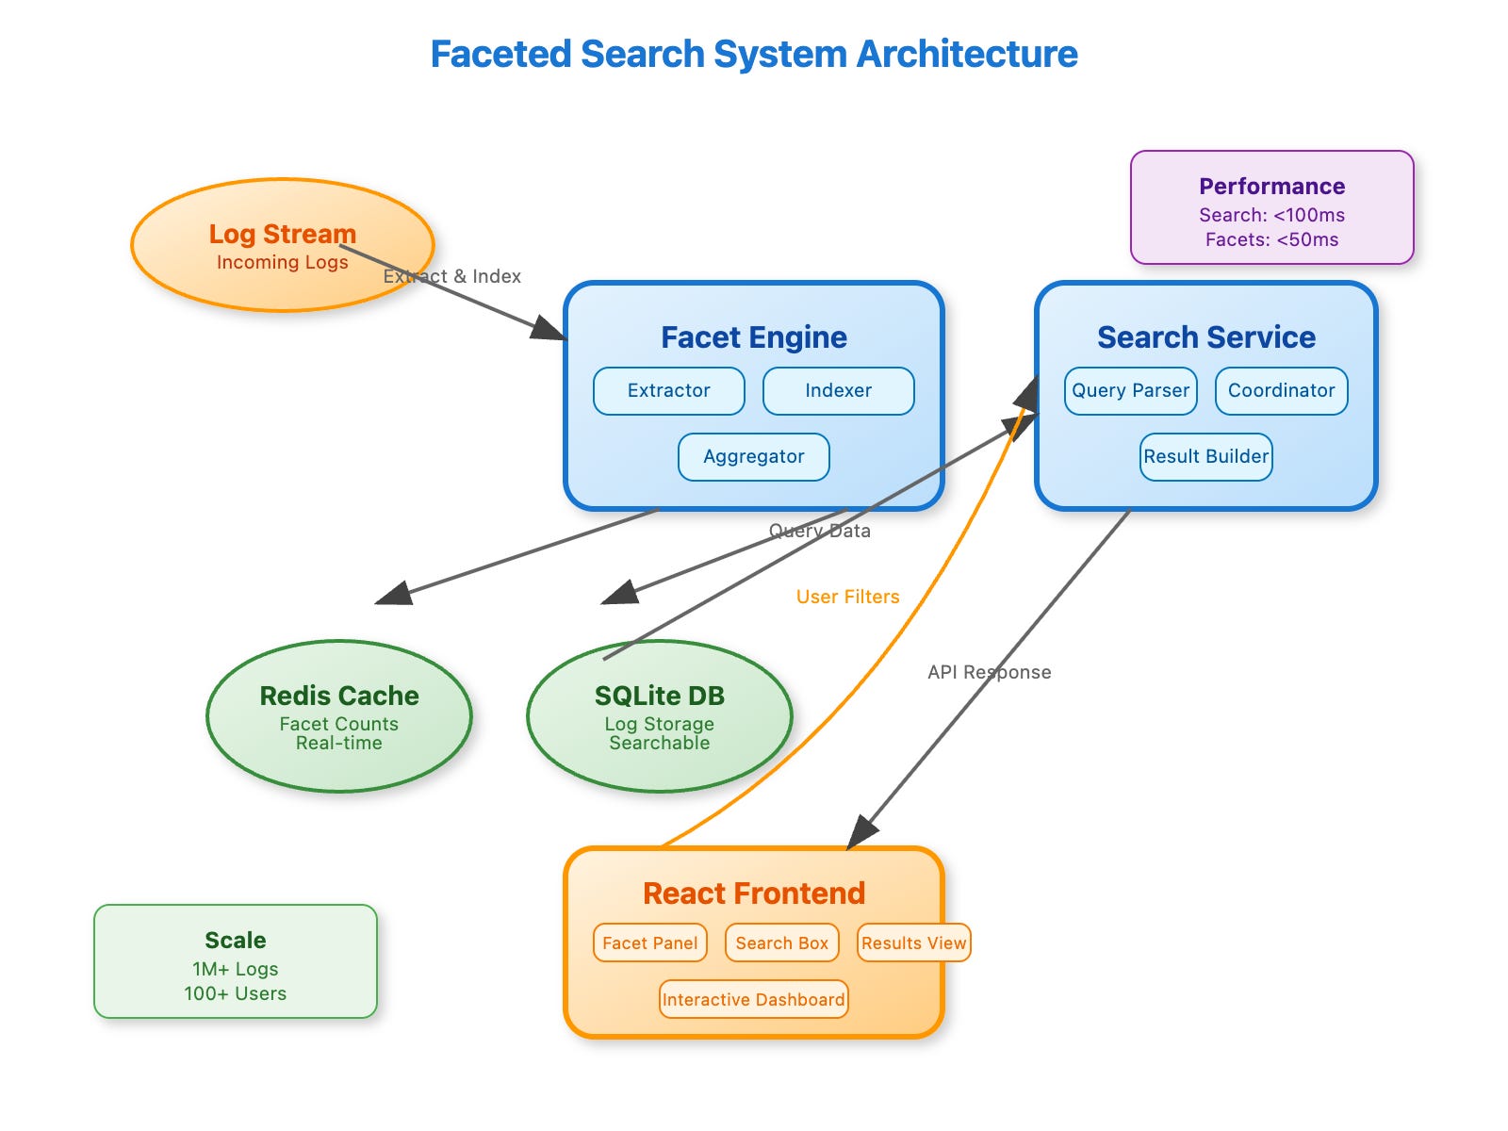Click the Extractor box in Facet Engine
pos(668,391)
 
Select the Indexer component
pos(838,391)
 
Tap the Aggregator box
pos(754,457)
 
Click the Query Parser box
pos(1130,391)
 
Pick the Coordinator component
pos(1281,391)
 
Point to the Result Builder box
pos(1205,457)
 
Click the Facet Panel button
pos(650,942)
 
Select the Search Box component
pos(782,942)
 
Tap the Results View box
pos(913,942)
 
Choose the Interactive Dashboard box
pos(754,999)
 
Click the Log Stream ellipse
pos(283,245)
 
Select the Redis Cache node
pos(338,716)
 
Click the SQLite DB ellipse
pos(660,716)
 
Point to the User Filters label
pos(847,597)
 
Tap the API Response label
pos(990,672)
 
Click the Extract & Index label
pos(452,276)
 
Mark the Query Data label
pos(820,531)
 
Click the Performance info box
pos(1271,207)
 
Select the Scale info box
pos(235,961)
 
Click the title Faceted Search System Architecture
pos(754,54)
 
